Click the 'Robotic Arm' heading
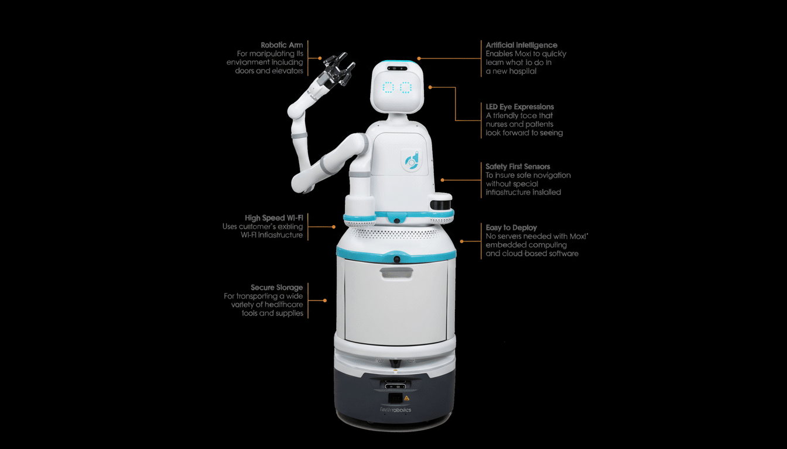click(x=282, y=45)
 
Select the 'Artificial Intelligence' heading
click(x=521, y=45)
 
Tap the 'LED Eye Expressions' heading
click(x=519, y=107)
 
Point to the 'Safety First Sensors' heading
click(x=518, y=167)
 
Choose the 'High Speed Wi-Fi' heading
click(x=273, y=218)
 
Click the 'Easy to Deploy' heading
click(x=511, y=227)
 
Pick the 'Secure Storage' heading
click(x=277, y=288)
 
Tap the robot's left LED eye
click(x=388, y=88)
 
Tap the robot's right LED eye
click(x=405, y=88)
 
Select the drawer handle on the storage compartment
click(x=396, y=272)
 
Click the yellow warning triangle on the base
click(x=406, y=398)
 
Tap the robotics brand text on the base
click(x=396, y=410)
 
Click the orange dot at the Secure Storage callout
click(x=325, y=301)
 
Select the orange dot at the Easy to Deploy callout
click(x=462, y=240)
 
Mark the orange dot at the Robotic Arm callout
click(x=320, y=58)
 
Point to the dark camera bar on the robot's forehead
click(x=396, y=68)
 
